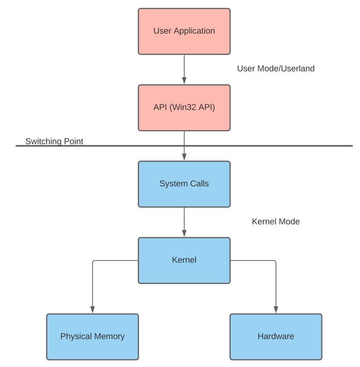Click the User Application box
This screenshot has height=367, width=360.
click(x=184, y=31)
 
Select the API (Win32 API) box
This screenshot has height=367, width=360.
click(x=184, y=108)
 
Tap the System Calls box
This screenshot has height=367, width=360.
click(x=184, y=184)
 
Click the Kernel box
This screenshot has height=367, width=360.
click(x=184, y=260)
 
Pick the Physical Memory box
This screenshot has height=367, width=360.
click(x=92, y=336)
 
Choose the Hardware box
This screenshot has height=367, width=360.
click(x=276, y=336)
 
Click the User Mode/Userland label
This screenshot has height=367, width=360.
click(x=276, y=69)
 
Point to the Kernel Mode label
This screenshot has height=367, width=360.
click(x=276, y=222)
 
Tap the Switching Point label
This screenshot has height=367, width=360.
click(x=54, y=141)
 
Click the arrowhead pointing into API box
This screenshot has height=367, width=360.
click(x=184, y=81)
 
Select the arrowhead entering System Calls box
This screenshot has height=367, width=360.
click(x=184, y=157)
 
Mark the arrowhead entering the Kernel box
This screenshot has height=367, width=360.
click(x=184, y=234)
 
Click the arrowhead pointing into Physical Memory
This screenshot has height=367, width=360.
click(x=92, y=310)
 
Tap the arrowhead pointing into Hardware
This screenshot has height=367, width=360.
click(x=276, y=310)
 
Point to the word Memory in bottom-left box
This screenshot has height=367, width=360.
click(x=109, y=336)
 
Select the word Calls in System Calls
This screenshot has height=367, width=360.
click(x=199, y=184)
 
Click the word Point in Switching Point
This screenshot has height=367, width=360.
click(x=73, y=141)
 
